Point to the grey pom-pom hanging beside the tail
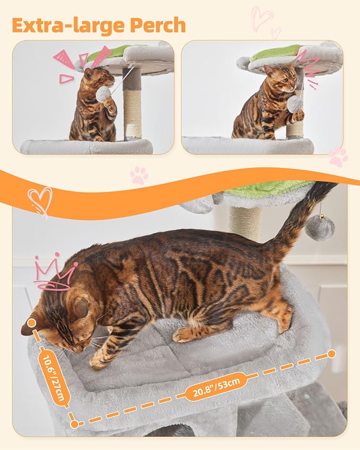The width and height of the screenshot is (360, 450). click(x=320, y=228)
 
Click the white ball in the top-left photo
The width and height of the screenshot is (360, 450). click(x=103, y=94)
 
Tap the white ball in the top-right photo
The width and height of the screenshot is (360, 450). click(x=295, y=103)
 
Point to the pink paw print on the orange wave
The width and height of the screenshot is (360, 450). click(x=139, y=175)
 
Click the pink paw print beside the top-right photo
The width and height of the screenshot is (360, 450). click(x=338, y=156)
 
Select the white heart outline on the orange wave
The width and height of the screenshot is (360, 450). click(x=40, y=200)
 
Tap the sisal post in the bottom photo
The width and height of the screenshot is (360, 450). click(x=245, y=223)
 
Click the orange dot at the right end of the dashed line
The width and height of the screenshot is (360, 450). click(x=332, y=354)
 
